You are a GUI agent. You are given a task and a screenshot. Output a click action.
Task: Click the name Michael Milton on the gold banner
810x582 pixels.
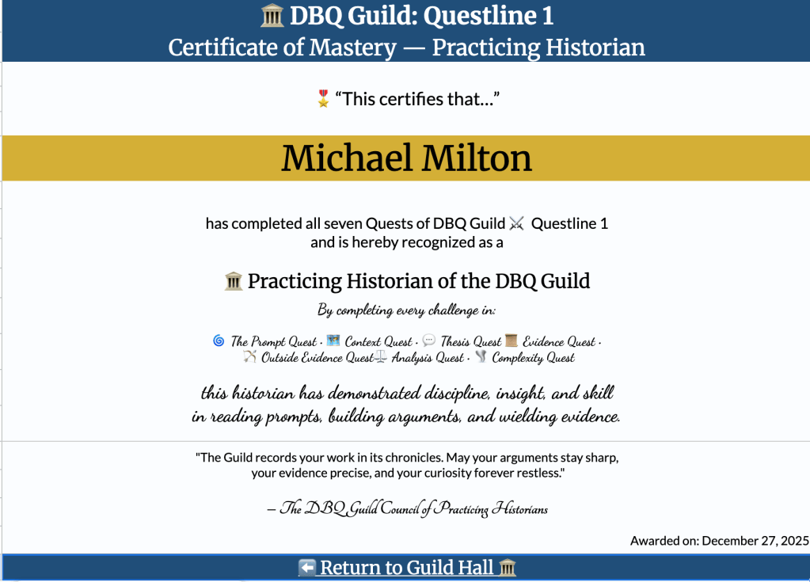406,158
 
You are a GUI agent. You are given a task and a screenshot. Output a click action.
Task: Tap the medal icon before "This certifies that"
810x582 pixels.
322,99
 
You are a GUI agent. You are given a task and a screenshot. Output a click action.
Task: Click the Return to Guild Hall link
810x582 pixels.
407,568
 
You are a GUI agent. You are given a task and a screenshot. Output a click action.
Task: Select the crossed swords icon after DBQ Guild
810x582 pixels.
517,224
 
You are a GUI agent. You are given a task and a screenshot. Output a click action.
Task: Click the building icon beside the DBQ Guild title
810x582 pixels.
272,16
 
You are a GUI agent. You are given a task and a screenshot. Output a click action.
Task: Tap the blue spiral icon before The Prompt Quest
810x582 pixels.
219,341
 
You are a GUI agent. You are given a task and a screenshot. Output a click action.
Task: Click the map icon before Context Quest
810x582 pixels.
333,341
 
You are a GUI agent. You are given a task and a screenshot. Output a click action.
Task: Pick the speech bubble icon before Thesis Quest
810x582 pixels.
428,341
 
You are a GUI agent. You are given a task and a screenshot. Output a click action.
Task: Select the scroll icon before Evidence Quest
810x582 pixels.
511,341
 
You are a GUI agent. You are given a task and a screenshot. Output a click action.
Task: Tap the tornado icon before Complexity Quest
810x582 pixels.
480,357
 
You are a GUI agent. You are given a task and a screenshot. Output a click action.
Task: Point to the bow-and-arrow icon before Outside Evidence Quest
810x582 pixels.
249,357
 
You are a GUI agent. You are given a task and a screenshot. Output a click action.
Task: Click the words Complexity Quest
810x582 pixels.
533,358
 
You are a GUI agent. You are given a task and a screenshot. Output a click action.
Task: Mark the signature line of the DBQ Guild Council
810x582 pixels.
407,509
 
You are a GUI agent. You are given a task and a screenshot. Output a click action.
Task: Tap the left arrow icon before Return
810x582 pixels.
307,568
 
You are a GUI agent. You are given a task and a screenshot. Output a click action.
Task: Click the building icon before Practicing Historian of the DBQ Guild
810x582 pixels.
234,281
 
